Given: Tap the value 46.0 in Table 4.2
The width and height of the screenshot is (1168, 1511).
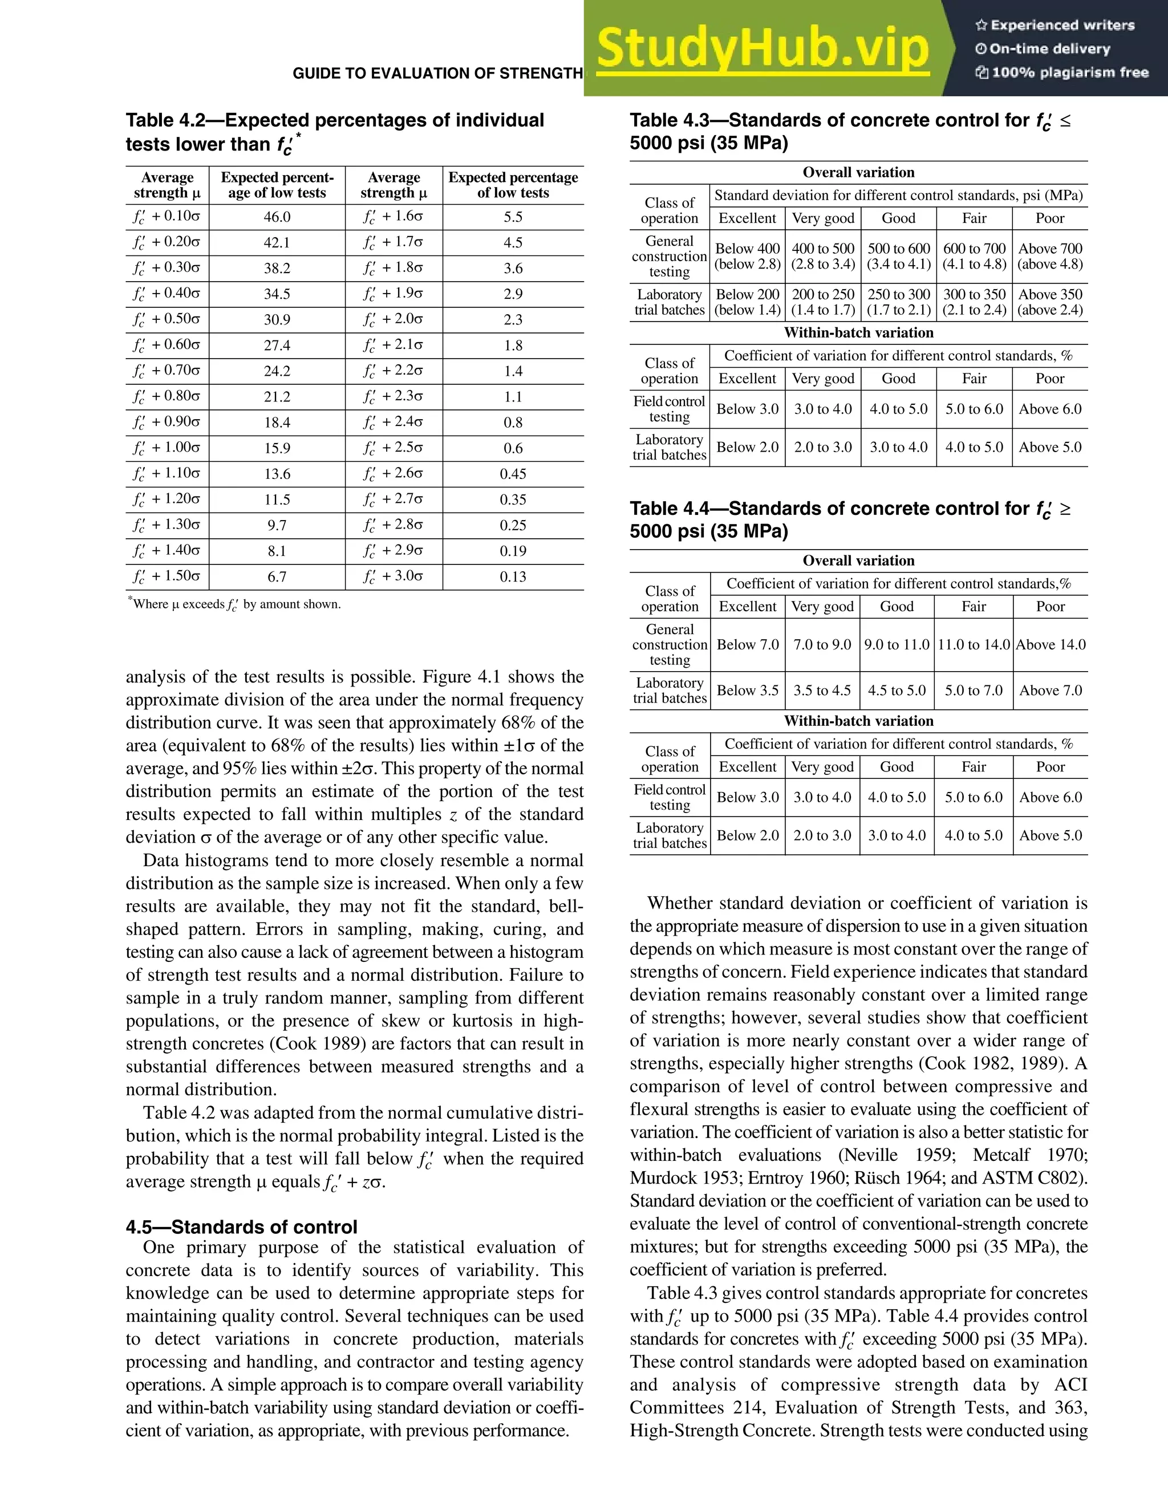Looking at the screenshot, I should tap(277, 217).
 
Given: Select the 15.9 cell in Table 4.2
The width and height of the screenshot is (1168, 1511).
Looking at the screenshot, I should tap(277, 448).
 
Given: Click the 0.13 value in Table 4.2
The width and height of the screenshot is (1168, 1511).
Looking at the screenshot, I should tap(513, 577).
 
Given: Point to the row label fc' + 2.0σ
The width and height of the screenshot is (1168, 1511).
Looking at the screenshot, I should tap(393, 319).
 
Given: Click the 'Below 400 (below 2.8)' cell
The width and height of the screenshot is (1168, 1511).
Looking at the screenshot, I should tap(747, 256).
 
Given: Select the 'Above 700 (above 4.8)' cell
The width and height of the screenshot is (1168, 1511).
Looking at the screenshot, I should tap(1050, 256).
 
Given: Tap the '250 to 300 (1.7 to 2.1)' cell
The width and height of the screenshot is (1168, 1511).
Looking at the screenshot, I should tap(898, 302).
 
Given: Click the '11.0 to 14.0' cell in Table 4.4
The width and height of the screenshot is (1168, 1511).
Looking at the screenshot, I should tap(974, 645).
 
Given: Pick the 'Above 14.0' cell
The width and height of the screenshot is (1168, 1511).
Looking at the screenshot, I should tap(1051, 645).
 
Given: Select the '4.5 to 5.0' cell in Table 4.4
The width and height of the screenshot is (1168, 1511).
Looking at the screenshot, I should tap(897, 690).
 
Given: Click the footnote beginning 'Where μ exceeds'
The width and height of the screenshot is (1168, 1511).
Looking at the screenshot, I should tap(236, 604).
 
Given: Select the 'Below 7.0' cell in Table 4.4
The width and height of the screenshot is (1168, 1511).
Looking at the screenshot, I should tap(747, 645).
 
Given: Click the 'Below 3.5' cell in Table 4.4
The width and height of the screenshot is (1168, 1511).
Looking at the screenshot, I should tap(747, 690).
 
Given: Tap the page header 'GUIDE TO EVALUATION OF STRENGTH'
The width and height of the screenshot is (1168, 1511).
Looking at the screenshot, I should tap(437, 74).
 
